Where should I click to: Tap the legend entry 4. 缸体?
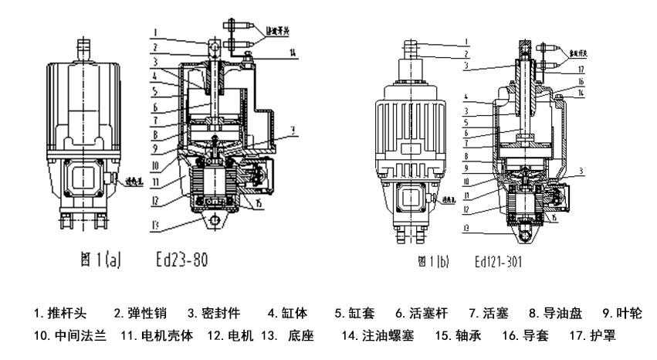pos(287,314)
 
